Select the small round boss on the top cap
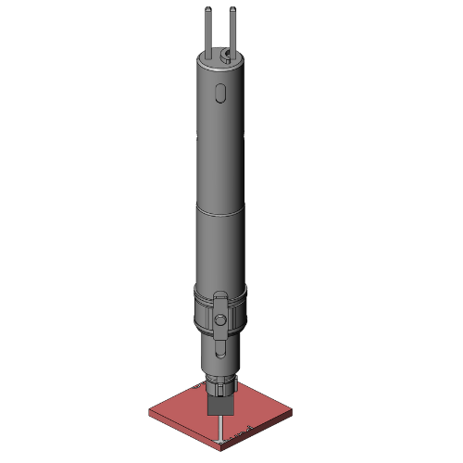(x=226, y=58)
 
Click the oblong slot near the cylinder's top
(x=219, y=93)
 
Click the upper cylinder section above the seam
(x=220, y=148)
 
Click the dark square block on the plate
(x=219, y=406)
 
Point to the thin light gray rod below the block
(x=219, y=429)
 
